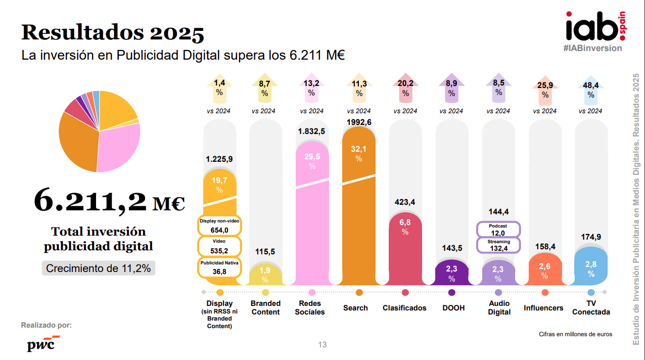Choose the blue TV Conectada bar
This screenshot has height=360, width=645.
pos(591,266)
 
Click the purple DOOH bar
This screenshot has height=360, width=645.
pos(451,273)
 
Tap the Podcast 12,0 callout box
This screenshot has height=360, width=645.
pos(498,230)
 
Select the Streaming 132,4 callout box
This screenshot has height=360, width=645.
pos(498,245)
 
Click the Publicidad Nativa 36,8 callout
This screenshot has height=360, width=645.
pos(219,267)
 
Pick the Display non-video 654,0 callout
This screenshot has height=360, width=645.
pos(219,226)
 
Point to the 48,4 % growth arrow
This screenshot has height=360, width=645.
pos(591,90)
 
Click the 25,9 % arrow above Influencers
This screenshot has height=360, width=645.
pos(544,90)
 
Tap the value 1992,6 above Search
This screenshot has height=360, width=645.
pos(359,122)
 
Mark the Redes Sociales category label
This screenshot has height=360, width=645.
pos(310,307)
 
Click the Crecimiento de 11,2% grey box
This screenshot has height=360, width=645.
pos(99,268)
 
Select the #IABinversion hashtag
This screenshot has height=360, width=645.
pos(592,48)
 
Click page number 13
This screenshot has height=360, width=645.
pos(322,345)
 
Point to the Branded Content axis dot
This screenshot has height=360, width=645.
pos(265,292)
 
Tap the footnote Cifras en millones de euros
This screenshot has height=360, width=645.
pos(575,334)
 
